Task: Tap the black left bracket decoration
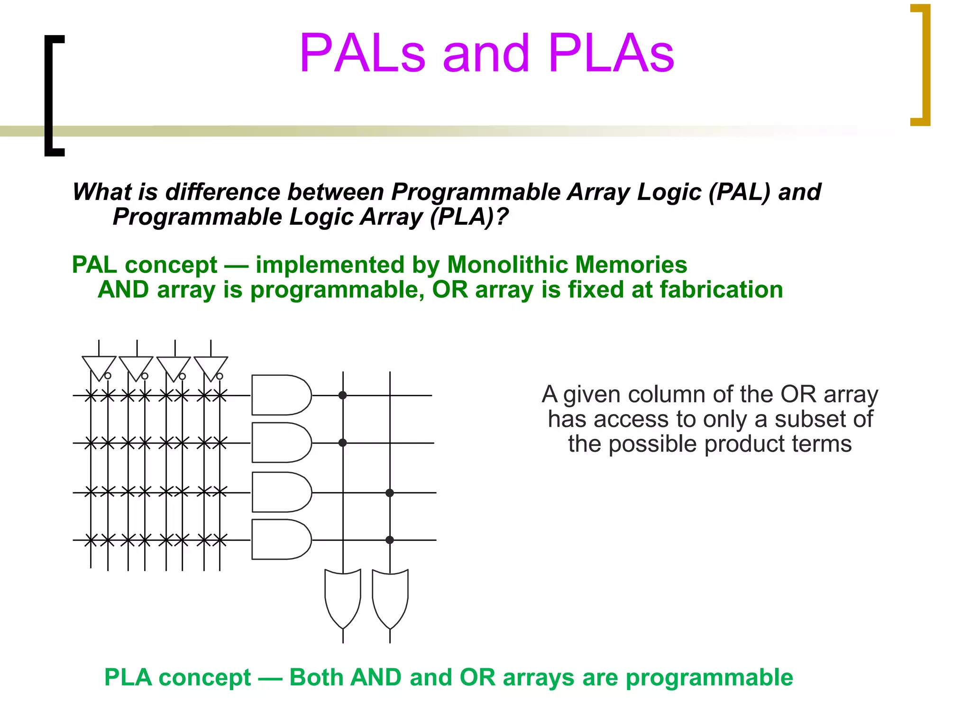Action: [x=51, y=95]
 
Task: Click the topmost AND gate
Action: [x=280, y=395]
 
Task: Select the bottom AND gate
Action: [x=280, y=539]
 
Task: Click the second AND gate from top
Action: [x=280, y=443]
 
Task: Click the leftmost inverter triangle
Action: [x=99, y=366]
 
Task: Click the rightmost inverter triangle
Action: [x=211, y=366]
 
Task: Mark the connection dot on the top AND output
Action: [x=343, y=395]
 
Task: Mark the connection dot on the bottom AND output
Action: [x=390, y=540]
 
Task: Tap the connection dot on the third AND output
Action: [x=390, y=493]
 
